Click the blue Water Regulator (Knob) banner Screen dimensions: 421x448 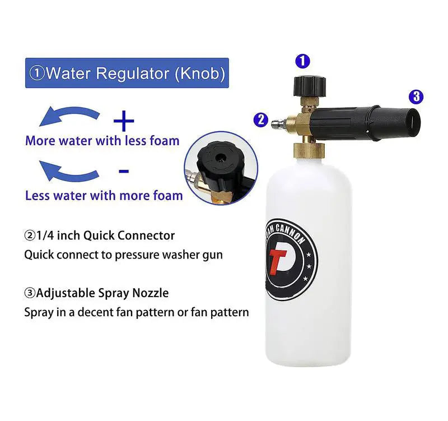coord(127,73)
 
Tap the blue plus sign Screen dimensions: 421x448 coord(124,121)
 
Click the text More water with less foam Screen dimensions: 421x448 coord(102,140)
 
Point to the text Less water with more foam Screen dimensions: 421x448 coord(104,196)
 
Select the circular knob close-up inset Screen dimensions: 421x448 coord(221,168)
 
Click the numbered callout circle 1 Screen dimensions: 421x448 coord(302,61)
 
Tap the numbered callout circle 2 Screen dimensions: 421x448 coord(260,119)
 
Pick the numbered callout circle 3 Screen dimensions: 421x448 coord(415,96)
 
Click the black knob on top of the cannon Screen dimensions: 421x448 coord(306,85)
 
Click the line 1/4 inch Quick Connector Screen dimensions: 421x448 coord(99,236)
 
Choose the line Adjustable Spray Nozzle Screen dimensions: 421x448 coord(96,293)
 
